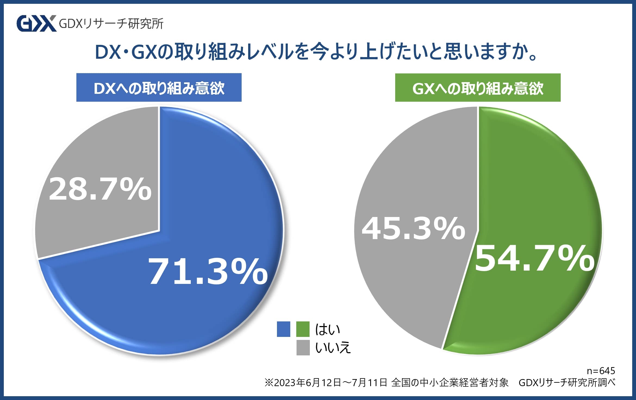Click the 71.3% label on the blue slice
(208, 272)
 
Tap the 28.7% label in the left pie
(100, 189)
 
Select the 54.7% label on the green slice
(534, 258)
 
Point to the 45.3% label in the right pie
(413, 228)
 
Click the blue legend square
(283, 329)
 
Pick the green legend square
(303, 329)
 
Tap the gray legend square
(303, 348)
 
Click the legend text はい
(328, 329)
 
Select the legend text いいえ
(333, 348)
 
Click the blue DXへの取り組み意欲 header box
(159, 88)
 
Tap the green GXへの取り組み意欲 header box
(478, 88)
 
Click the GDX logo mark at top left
(36, 24)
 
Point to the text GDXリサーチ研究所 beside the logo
(111, 24)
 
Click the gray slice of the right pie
(402, 286)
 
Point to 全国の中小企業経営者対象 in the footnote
(450, 383)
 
